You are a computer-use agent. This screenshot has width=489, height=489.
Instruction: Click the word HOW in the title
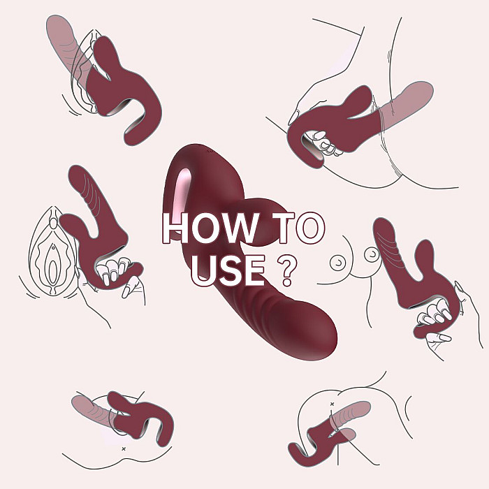pyautogui.click(x=210, y=227)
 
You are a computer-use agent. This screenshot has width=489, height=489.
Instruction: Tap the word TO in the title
pyautogui.click(x=298, y=227)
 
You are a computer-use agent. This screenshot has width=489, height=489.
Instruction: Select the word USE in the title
pyautogui.click(x=228, y=270)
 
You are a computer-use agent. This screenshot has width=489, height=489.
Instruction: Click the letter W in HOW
pyautogui.click(x=240, y=228)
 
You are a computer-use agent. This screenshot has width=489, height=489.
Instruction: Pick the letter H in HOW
pyautogui.click(x=175, y=228)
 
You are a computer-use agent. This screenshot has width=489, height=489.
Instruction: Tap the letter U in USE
pyautogui.click(x=203, y=270)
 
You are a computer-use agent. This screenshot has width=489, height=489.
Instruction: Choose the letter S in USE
pyautogui.click(x=228, y=270)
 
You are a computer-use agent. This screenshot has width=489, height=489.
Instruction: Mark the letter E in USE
pyautogui.click(x=254, y=270)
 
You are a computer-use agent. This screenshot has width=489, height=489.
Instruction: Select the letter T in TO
pyautogui.click(x=283, y=228)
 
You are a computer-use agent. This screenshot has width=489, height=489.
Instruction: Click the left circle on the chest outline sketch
pyautogui.click(x=338, y=263)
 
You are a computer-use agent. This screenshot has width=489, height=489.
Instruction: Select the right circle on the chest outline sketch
pyautogui.click(x=372, y=255)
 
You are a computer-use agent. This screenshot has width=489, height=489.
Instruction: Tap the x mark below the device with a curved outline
pyautogui.click(x=124, y=448)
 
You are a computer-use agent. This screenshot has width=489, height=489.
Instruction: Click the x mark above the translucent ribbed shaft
pyautogui.click(x=332, y=404)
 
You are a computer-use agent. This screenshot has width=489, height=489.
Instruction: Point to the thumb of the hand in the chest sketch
pyautogui.click(x=439, y=337)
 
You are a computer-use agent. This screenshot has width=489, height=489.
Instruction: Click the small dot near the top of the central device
pyautogui.click(x=210, y=152)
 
